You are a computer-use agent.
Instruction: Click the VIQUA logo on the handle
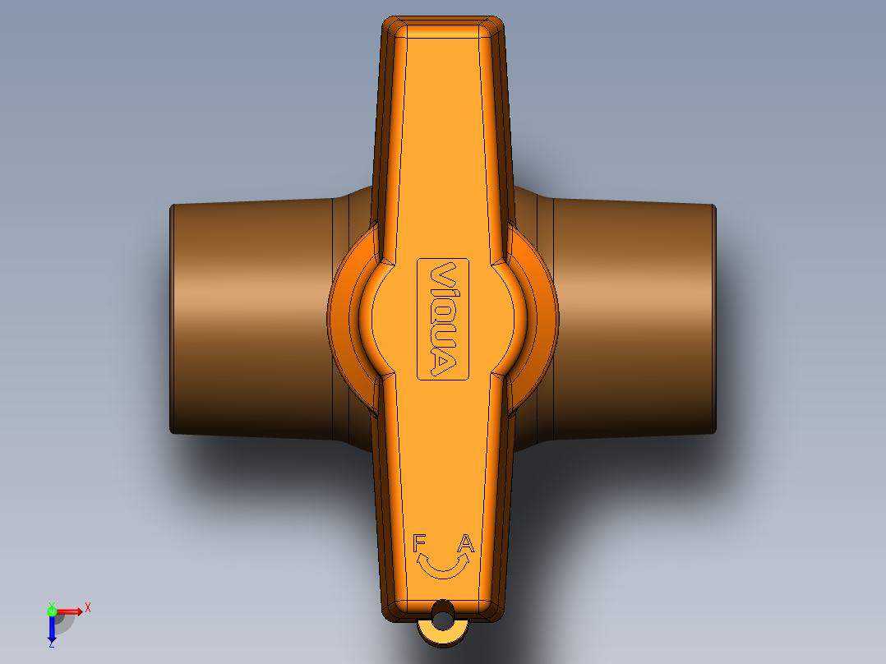[443, 319]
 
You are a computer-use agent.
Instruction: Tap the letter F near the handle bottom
[419, 543]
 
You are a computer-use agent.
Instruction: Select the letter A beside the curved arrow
[466, 543]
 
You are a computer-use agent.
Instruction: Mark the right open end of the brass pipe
[713, 319]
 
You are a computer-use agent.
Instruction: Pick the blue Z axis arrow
[51, 629]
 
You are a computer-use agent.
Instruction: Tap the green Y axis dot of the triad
[51, 611]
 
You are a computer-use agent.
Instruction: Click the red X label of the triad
[88, 607]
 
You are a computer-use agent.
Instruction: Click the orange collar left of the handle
[344, 316]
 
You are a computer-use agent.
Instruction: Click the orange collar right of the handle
[543, 316]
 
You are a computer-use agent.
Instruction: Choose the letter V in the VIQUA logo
[443, 274]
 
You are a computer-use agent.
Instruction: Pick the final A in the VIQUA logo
[443, 364]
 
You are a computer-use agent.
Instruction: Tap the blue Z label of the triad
[51, 643]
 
